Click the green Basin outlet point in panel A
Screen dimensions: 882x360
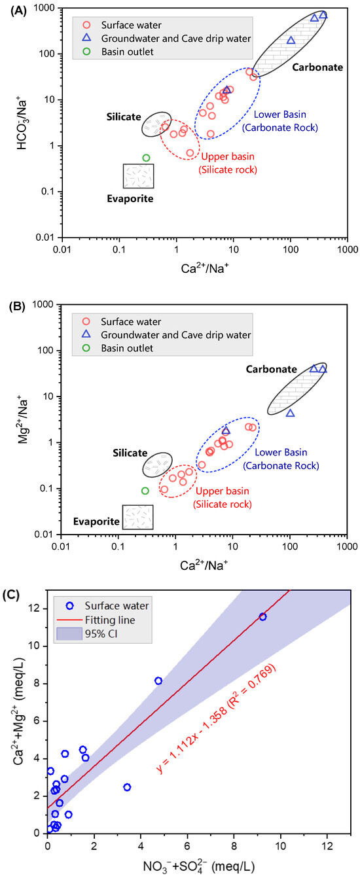[x=146, y=158]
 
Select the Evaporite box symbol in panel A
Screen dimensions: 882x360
[x=139, y=176]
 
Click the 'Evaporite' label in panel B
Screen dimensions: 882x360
[x=96, y=521]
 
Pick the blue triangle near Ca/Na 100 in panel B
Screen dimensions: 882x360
[x=290, y=413]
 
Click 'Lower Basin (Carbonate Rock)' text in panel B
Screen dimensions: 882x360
[x=286, y=459]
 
